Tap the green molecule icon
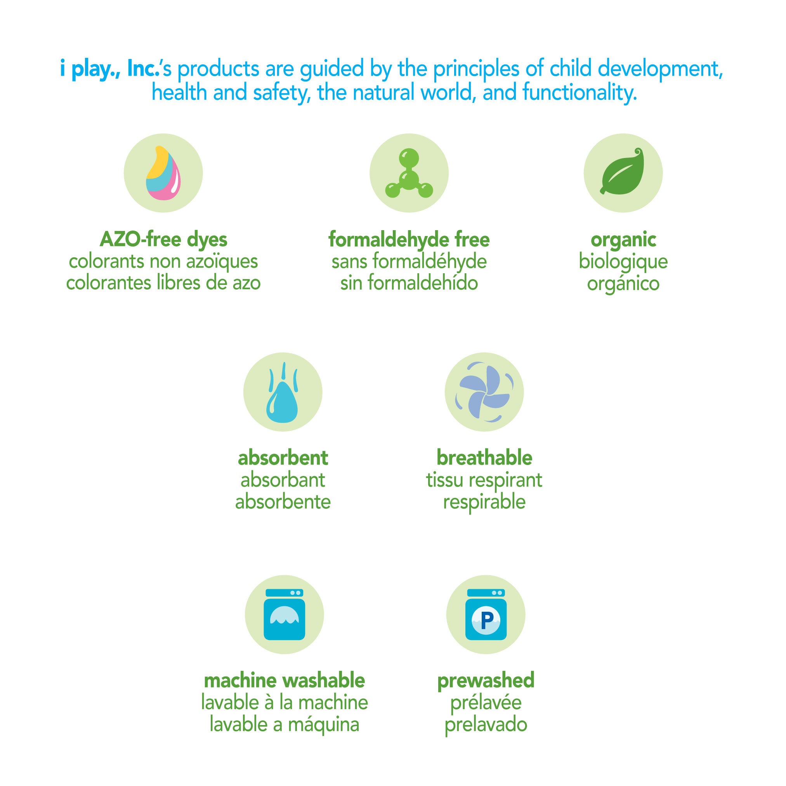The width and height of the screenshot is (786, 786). click(409, 174)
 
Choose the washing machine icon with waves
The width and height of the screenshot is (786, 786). click(285, 614)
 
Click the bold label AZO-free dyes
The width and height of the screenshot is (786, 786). click(163, 239)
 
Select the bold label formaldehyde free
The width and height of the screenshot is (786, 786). click(409, 239)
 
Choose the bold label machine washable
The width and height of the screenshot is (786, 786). click(285, 680)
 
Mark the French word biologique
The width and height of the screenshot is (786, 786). click(623, 262)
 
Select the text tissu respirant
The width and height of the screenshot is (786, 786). click(484, 481)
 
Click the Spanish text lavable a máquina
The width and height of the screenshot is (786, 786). click(285, 724)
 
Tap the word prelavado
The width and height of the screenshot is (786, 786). click(486, 725)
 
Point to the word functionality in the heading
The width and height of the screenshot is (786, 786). click(580, 93)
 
